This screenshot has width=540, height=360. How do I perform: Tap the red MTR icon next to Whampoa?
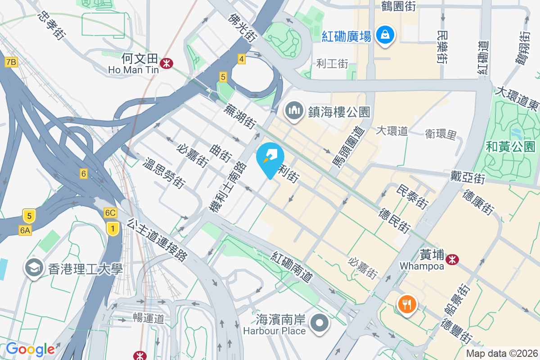point(452,259)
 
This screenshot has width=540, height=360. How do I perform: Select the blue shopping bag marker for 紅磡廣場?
point(386,35)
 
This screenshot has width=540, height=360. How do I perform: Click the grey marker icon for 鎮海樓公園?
point(294,110)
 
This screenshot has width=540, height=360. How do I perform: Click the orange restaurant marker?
point(407,305)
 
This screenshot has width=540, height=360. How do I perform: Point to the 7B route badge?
point(11,62)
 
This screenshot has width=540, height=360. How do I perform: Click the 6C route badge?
point(110,212)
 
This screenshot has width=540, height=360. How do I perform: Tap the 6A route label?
point(25,230)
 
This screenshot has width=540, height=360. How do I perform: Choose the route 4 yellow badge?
point(242,58)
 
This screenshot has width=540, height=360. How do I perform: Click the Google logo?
point(30,349)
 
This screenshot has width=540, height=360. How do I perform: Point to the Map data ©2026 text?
point(501,353)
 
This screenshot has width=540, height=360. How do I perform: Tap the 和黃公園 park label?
point(510,146)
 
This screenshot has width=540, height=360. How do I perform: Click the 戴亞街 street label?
point(468,177)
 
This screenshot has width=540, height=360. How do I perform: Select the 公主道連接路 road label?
point(157,240)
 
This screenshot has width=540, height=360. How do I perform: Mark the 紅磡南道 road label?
point(292,267)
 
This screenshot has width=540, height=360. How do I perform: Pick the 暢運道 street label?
point(148,319)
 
